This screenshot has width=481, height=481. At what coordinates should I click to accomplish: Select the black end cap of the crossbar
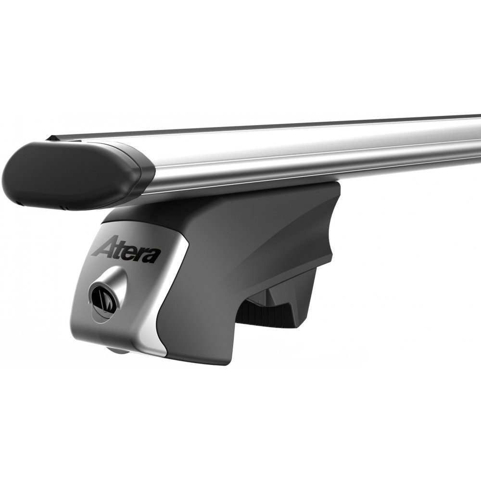[67, 173]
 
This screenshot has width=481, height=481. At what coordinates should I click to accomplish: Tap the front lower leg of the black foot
[202, 337]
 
